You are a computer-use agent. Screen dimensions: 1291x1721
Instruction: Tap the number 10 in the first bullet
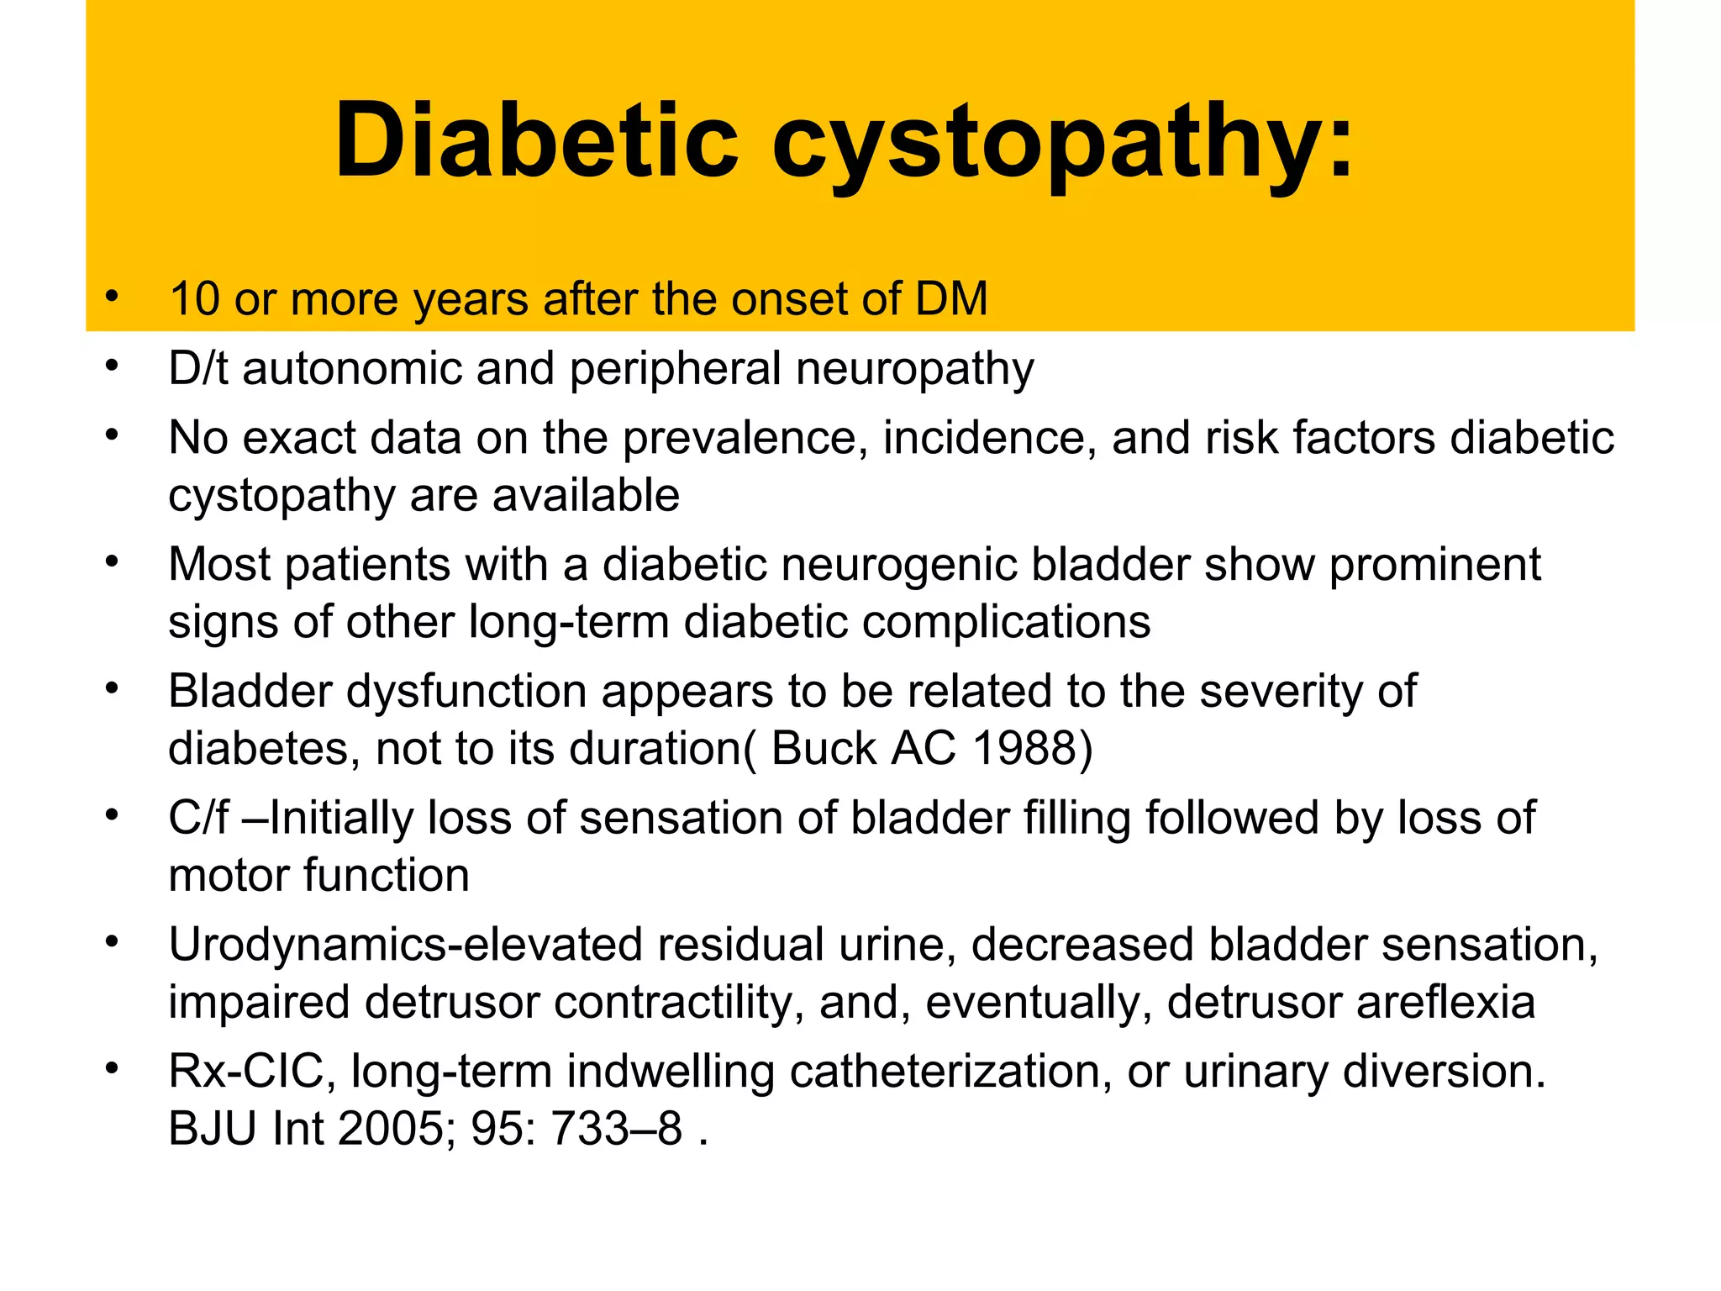(194, 299)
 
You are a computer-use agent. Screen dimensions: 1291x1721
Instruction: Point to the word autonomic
(352, 369)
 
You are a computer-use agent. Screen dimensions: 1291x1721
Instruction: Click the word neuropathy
(915, 371)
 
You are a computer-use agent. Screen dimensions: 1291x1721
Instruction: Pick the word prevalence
(745, 439)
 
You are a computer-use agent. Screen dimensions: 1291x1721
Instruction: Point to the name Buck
(823, 748)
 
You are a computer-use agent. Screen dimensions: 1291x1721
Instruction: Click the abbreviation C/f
(198, 818)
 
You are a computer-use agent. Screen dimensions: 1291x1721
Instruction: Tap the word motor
(229, 876)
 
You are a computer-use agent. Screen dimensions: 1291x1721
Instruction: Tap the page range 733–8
(616, 1129)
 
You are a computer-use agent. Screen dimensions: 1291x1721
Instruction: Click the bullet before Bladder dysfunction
(112, 688)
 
